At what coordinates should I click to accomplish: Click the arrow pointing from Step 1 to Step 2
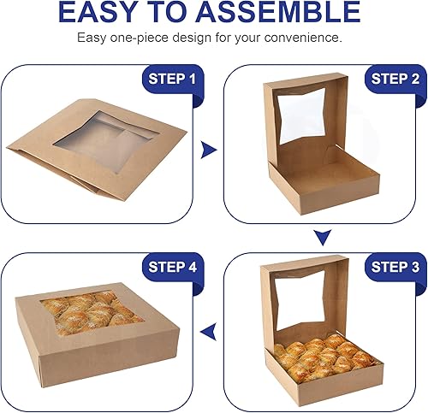tap(206, 150)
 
